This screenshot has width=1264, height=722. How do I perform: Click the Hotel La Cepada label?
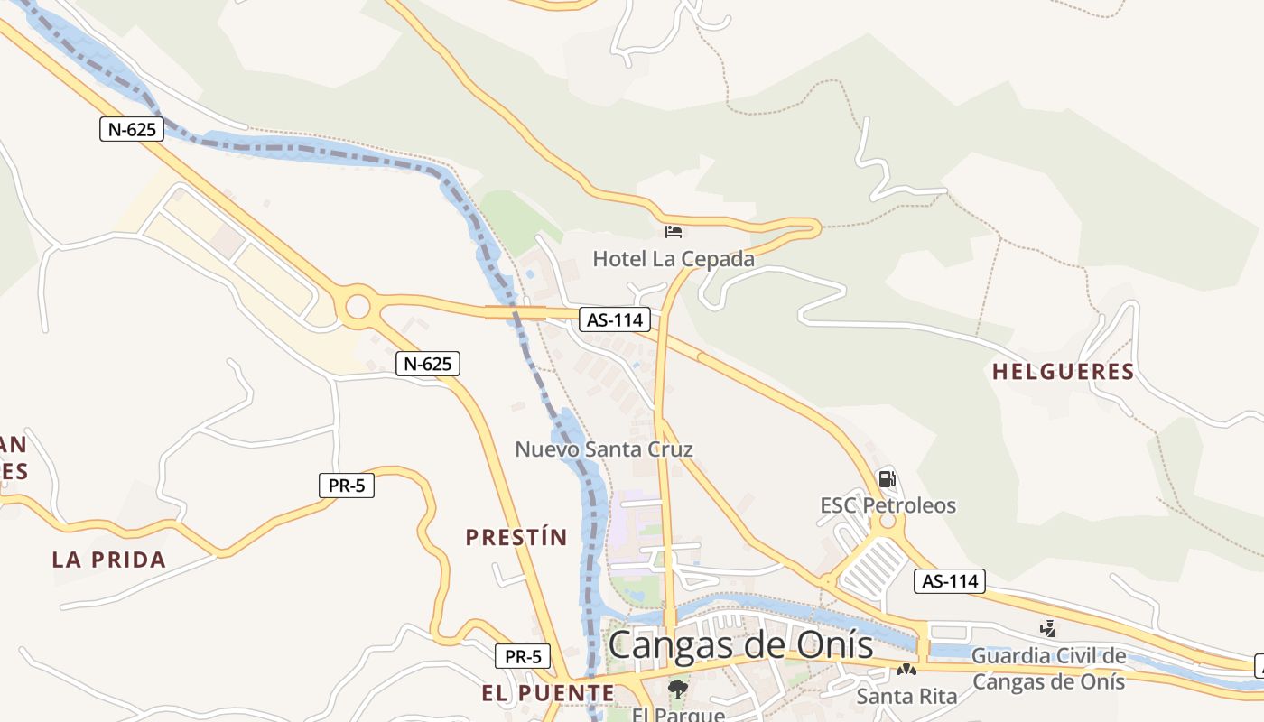click(x=673, y=259)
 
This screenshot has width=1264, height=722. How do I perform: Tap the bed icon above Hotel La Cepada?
click(x=674, y=232)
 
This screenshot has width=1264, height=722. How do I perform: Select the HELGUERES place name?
click(x=1063, y=371)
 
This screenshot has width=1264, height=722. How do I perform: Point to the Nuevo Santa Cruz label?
click(x=604, y=449)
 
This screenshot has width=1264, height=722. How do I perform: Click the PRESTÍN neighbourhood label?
click(x=516, y=537)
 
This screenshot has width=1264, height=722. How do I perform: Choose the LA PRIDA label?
click(x=109, y=560)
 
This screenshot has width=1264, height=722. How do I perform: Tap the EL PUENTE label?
click(x=548, y=693)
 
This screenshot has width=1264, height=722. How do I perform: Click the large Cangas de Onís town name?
click(x=740, y=645)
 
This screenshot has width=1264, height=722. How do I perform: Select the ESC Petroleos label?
click(x=888, y=505)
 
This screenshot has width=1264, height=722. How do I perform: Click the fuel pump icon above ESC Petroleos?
click(x=887, y=479)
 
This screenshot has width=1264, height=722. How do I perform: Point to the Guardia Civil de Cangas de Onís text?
click(x=1049, y=668)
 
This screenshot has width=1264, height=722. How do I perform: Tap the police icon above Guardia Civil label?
click(x=1048, y=628)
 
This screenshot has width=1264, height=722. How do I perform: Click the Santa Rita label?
click(x=906, y=696)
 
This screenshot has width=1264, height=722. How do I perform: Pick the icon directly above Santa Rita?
click(x=906, y=670)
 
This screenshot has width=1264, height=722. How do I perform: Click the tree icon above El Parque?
click(x=677, y=690)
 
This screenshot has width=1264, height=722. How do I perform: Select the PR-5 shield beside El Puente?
click(x=523, y=656)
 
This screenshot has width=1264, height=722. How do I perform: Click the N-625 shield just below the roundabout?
click(x=428, y=364)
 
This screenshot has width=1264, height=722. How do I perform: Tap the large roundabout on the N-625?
click(x=357, y=307)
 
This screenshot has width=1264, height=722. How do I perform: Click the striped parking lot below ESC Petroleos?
click(x=871, y=568)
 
